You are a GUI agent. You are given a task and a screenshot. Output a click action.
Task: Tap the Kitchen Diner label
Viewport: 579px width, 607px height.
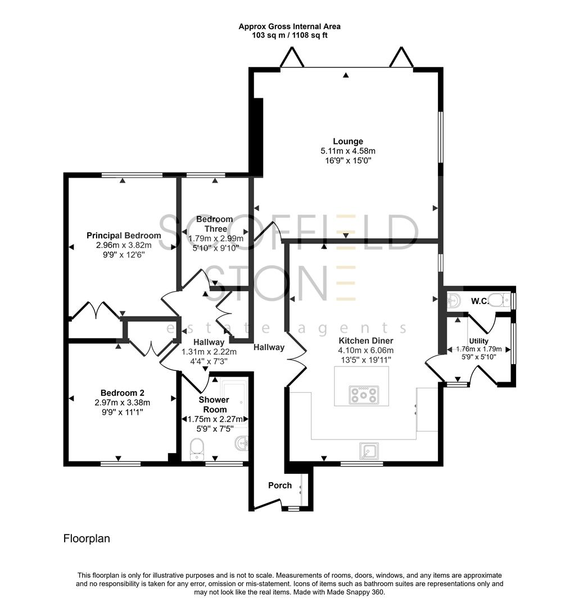365,341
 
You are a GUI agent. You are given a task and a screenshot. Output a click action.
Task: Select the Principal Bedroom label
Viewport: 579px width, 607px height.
124,235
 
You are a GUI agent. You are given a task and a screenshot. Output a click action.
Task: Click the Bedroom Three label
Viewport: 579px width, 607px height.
214,224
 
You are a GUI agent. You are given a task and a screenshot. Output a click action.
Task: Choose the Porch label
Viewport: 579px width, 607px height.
279,485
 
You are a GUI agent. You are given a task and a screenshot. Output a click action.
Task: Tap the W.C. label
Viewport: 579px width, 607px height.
479,301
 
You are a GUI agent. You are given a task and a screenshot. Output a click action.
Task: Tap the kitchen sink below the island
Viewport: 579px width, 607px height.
369,451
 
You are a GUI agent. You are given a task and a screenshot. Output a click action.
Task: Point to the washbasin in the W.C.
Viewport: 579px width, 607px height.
454,300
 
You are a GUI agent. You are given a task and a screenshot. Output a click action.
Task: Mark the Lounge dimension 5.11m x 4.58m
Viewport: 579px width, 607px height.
347,151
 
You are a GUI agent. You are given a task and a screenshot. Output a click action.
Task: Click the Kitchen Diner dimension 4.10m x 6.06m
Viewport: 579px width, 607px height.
365,350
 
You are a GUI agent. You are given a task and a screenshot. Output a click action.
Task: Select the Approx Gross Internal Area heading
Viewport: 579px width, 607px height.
289,26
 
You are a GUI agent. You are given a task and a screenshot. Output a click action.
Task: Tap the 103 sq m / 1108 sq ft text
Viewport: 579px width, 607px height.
289,35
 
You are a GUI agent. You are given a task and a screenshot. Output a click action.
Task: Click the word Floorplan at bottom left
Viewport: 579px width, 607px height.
86,538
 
